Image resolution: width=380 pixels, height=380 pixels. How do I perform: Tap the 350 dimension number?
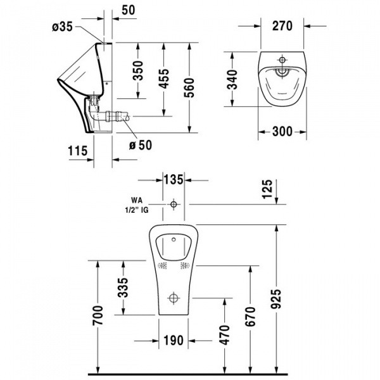pyautogui.click(x=137, y=70)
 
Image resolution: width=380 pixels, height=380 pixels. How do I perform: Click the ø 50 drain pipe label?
pyautogui.click(x=141, y=145)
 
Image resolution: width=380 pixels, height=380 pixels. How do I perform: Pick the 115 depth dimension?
pyautogui.click(x=76, y=150)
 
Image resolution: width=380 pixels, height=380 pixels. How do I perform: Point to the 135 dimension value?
pyautogui.click(x=174, y=180)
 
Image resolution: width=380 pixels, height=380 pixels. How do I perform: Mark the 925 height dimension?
pyautogui.click(x=276, y=298)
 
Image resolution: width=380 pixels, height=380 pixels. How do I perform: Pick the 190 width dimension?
pyautogui.click(x=174, y=340)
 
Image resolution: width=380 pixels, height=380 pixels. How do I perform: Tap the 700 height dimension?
pyautogui.click(x=97, y=317)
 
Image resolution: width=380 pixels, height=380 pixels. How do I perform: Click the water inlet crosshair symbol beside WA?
pyautogui.click(x=174, y=205)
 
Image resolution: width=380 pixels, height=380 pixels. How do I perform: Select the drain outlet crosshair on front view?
pyautogui.click(x=174, y=298)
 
